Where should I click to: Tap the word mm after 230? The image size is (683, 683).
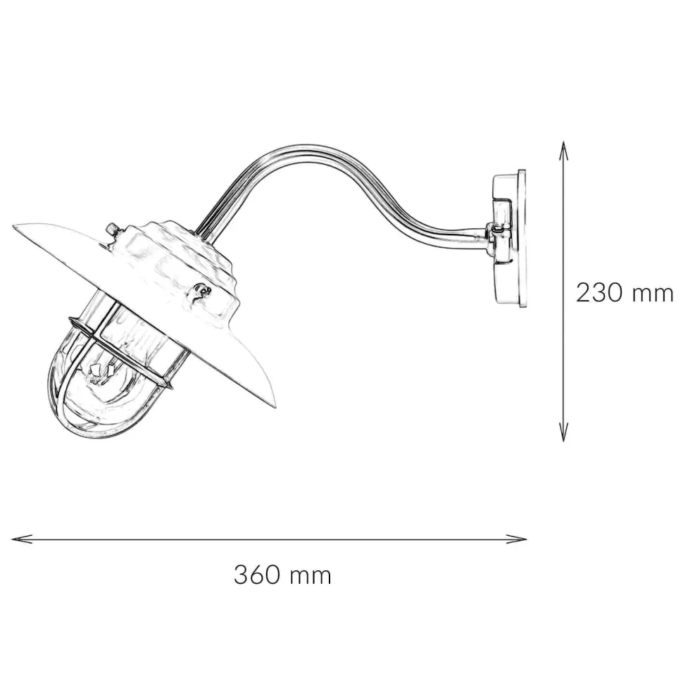click(653, 292)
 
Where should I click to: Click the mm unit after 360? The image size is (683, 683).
click(310, 575)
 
